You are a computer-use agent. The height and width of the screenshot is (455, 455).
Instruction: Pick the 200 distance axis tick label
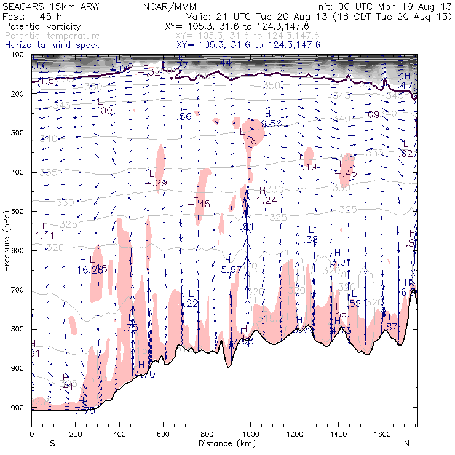tap(75, 434)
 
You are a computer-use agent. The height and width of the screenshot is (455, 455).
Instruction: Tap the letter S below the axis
tap(52, 443)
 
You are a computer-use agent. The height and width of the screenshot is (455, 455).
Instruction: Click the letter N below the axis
tap(406, 443)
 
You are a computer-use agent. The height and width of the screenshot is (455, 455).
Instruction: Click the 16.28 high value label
tap(90, 270)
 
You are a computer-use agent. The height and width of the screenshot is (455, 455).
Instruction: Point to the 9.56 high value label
tap(271, 124)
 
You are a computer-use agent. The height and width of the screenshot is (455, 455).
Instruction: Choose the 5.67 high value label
tap(231, 269)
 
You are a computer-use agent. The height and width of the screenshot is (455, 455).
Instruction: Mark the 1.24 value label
tap(266, 200)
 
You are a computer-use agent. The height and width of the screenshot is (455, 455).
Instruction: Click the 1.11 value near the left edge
tap(45, 235)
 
